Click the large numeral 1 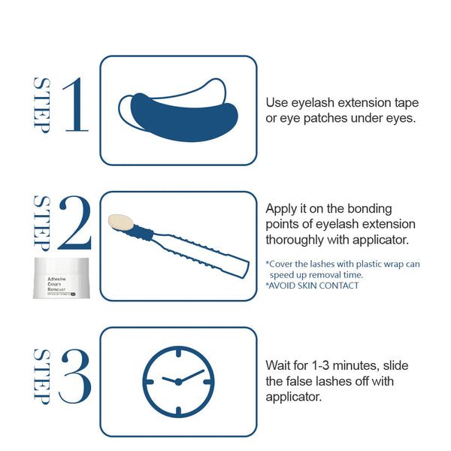[75, 105]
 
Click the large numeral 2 [74, 223]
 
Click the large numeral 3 [74, 376]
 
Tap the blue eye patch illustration [180, 113]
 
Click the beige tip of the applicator [121, 222]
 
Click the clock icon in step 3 [178, 381]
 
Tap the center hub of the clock [178, 381]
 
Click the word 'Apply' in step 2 [281, 208]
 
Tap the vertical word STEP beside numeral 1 [41, 105]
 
